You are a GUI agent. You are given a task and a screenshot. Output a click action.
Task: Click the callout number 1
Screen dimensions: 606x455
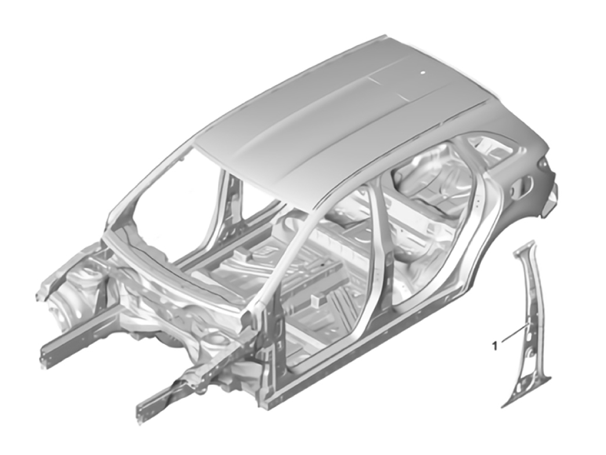(x=494, y=346)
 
